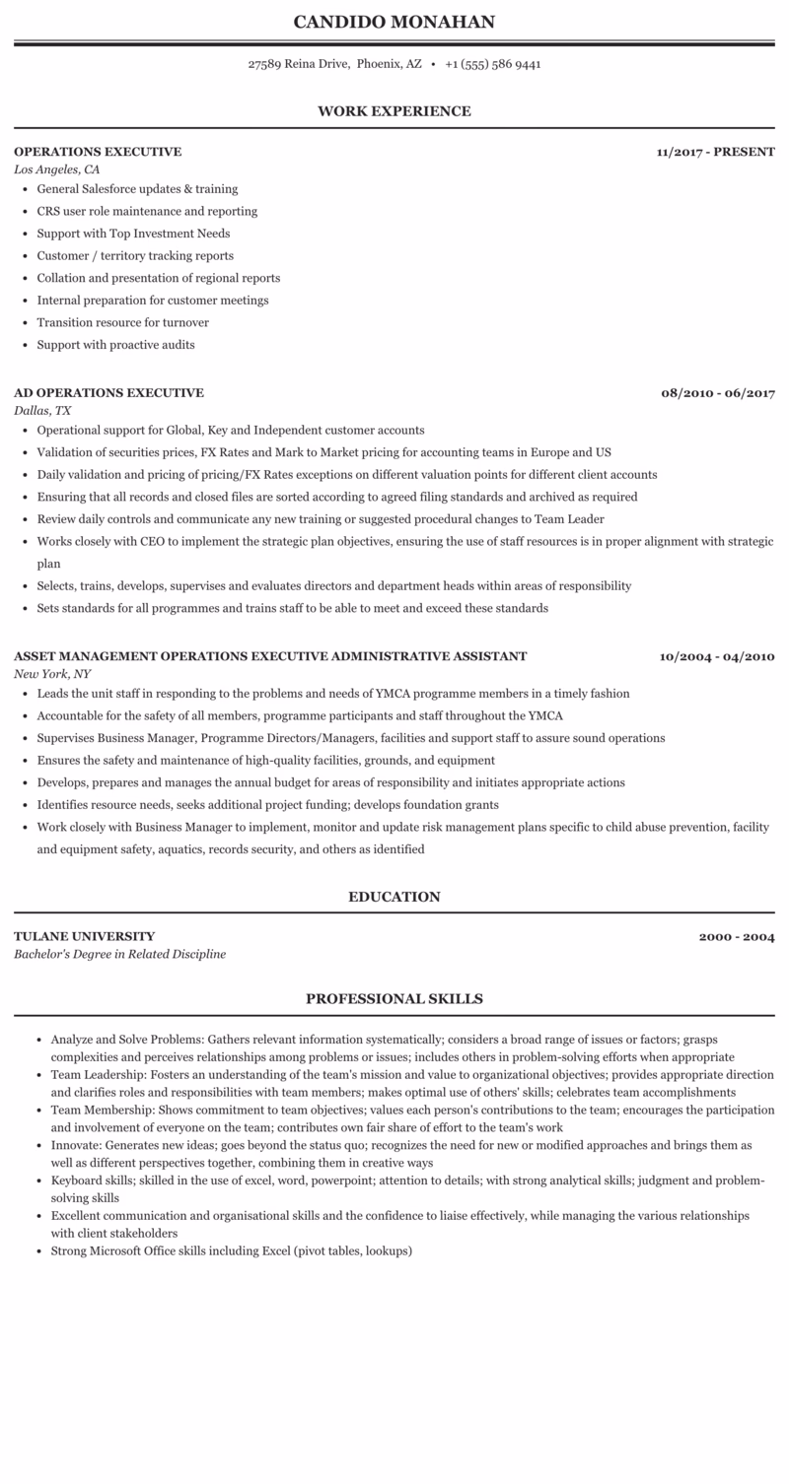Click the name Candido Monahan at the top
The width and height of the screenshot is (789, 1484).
(x=394, y=22)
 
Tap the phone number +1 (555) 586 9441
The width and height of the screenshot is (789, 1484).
(x=492, y=64)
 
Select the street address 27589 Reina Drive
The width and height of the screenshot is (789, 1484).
(x=299, y=64)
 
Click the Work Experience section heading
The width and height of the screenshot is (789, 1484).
(x=394, y=111)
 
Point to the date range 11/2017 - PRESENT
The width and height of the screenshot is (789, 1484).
(x=715, y=152)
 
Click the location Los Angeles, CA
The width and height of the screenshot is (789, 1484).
(x=56, y=169)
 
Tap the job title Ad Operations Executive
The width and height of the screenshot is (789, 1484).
(x=108, y=393)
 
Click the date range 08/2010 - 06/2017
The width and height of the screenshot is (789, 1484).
(x=718, y=393)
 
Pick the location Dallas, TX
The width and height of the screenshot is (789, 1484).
(x=42, y=411)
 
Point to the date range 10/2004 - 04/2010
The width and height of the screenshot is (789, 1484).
(x=717, y=656)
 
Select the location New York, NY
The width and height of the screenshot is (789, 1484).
(x=52, y=674)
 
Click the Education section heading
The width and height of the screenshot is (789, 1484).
(x=394, y=897)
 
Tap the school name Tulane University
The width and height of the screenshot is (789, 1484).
(x=84, y=936)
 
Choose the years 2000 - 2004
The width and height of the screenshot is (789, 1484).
(x=737, y=936)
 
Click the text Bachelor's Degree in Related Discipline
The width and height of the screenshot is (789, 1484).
(x=119, y=954)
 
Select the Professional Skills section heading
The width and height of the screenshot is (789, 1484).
(x=394, y=999)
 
